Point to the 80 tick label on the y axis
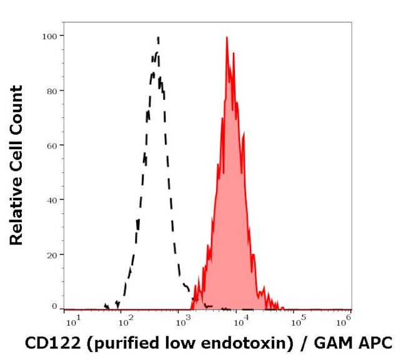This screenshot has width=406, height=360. pyautogui.click(x=51, y=91)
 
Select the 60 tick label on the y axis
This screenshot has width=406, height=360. pyautogui.click(x=51, y=145)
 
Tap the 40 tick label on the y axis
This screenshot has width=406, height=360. pyautogui.click(x=51, y=200)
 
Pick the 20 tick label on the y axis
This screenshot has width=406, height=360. pyautogui.click(x=51, y=255)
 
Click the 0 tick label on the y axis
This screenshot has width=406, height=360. pyautogui.click(x=54, y=306)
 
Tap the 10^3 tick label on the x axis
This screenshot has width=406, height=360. pyautogui.click(x=183, y=321)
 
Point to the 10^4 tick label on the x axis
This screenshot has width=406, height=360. pyautogui.click(x=240, y=321)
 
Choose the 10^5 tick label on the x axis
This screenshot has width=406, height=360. pyautogui.click(x=297, y=321)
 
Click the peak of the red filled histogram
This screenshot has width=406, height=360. pyautogui.click(x=227, y=37)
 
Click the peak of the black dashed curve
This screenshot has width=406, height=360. pyautogui.click(x=158, y=37)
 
